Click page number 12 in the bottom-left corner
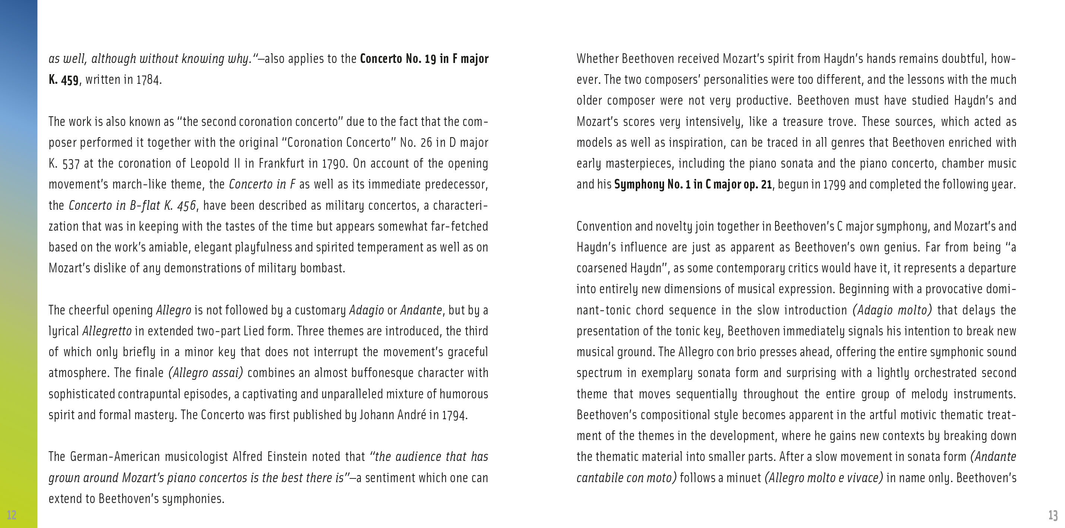[x=12, y=515]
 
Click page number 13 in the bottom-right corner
[x=1053, y=515]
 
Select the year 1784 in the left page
[x=148, y=79]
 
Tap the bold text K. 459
[x=63, y=79]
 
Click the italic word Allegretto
[x=107, y=331]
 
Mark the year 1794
[x=454, y=415]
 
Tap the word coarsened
[x=601, y=268]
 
